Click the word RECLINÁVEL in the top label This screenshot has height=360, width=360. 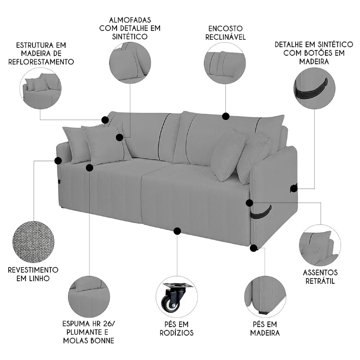pos(225,37)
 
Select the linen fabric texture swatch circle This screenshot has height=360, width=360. pos(33,242)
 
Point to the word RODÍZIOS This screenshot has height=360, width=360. pos(176,333)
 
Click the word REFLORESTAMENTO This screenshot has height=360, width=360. pos(41,62)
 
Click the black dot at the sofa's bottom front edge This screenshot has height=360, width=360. pos(177,231)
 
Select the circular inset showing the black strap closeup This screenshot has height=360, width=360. pos(314,88)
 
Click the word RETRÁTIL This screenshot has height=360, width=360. pos(320,281)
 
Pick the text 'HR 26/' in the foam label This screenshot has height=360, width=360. pos(104,324)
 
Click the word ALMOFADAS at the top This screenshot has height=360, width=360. pos(130,20)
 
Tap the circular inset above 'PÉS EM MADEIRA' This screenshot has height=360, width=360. pos(265,297)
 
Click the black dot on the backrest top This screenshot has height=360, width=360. pos(226,116)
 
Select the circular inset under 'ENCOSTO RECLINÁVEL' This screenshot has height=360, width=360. pos(225,63)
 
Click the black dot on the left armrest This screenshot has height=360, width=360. pos(58,161)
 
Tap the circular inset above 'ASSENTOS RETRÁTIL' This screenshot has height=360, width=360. pos(320,246)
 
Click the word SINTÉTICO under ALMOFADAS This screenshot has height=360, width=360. pos(130,36)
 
